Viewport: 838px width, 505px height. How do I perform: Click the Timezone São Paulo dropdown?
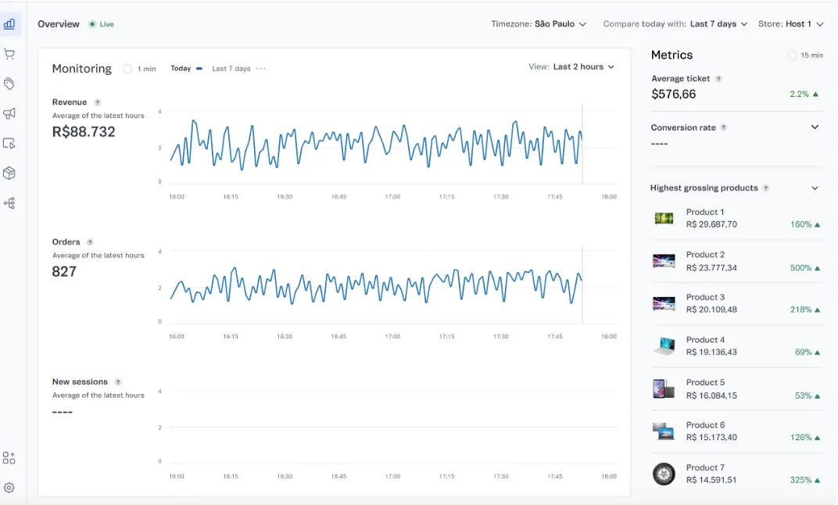539,24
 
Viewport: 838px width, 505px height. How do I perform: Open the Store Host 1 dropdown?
790,24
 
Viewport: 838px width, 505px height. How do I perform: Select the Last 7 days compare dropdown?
718,24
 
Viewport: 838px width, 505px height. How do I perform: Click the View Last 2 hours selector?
582,67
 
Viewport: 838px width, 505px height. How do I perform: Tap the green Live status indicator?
102,24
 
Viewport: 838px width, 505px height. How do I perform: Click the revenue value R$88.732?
84,132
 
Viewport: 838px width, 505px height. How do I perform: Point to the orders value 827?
64,272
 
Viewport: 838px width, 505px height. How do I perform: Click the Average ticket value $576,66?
673,94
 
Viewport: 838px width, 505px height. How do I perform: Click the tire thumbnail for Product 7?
664,474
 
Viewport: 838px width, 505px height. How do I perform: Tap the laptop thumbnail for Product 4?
664,346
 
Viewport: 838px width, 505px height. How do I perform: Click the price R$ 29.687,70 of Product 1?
711,224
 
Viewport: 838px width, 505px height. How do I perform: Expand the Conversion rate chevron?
815,127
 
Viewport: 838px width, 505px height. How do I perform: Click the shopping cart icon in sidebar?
9,54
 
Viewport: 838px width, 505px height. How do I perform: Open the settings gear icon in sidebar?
9,488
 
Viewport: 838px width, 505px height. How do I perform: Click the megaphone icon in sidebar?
9,113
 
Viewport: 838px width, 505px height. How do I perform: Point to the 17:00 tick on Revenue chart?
392,197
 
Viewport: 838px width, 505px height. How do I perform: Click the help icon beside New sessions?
118,382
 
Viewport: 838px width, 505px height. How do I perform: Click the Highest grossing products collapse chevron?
815,188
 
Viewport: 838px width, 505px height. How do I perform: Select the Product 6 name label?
705,425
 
